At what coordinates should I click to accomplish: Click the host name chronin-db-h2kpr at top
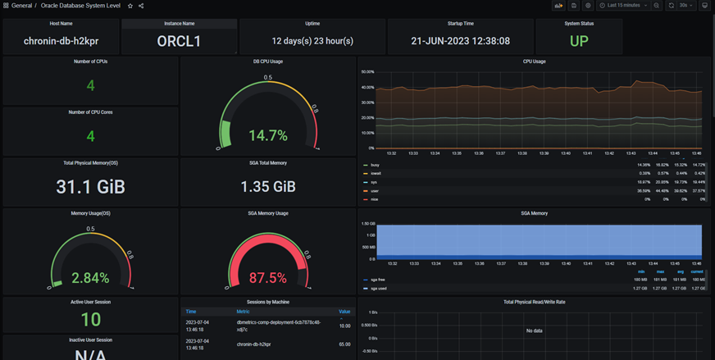(60, 41)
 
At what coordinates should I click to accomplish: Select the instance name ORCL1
(179, 41)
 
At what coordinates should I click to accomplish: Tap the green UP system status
(578, 41)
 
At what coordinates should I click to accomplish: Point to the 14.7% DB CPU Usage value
(268, 135)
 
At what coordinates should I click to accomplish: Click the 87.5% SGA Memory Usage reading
(268, 278)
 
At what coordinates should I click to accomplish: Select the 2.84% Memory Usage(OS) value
(90, 278)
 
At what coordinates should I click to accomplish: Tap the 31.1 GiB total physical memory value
(90, 186)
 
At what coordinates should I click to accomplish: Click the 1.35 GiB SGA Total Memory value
(268, 186)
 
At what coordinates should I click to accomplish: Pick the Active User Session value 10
(90, 320)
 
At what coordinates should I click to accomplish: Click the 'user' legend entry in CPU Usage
(376, 191)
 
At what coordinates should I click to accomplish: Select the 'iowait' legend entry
(376, 173)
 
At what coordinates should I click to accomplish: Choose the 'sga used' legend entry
(378, 289)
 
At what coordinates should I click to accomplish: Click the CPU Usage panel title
(534, 62)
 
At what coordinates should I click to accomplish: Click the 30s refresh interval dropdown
(685, 6)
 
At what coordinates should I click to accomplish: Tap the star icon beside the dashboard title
(130, 6)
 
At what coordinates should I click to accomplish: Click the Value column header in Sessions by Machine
(344, 312)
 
